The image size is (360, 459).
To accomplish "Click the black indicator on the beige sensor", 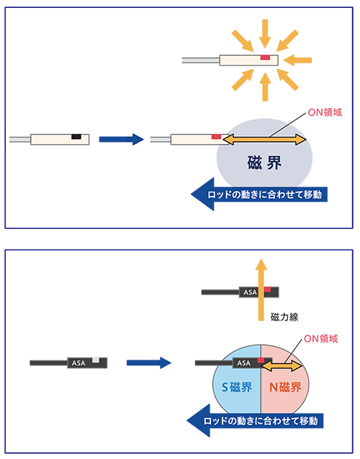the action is point(76,136).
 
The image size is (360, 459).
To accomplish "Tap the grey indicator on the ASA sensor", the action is point(96,360).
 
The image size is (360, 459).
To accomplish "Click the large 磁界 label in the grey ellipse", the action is point(264,163).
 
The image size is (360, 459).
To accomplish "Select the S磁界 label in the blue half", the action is point(237,387).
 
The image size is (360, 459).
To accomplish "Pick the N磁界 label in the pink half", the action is point(285,387).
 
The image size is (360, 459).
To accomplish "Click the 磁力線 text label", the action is point(284,317).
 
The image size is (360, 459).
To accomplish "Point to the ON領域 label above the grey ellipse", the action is point(325,112).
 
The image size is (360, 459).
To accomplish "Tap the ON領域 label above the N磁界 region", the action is point(321,339).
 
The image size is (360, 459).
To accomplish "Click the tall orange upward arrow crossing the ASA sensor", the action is point(261,290).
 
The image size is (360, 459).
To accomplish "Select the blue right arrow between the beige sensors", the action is point(122,139).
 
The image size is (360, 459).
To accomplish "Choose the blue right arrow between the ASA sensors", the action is point(149,362).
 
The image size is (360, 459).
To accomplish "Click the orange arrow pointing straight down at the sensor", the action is point(265,33).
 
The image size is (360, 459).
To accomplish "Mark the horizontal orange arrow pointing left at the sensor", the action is point(297,61).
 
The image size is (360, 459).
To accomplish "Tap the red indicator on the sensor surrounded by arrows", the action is point(265,58).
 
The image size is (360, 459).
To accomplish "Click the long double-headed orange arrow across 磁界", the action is point(264,139).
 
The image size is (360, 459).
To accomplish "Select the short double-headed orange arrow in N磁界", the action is point(282,365).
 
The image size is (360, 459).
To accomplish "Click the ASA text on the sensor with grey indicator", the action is point(78,363).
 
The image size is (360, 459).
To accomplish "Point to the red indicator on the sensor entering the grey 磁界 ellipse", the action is point(217,136).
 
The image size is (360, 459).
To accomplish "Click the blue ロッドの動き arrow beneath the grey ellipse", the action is point(259,195).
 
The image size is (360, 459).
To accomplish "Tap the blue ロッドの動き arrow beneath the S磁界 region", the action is point(255,421).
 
